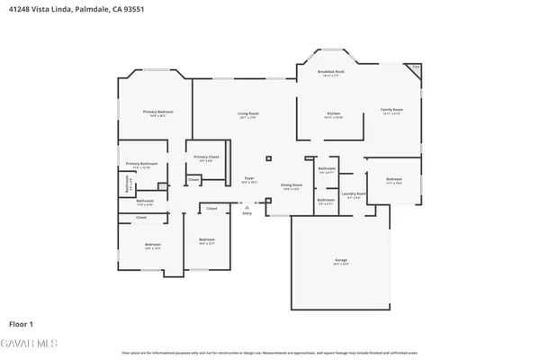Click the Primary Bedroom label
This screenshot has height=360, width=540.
click(157, 112)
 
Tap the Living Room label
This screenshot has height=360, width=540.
click(248, 113)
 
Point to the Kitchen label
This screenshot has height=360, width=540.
click(333, 113)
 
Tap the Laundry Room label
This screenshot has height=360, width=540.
click(354, 194)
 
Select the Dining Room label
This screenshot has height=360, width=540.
click(292, 185)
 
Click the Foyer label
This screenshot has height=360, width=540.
click(249, 179)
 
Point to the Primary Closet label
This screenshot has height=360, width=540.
click(207, 157)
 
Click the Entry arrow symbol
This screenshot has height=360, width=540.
click(247, 206)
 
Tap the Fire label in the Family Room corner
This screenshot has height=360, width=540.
click(415, 67)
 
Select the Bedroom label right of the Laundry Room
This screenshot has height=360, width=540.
click(394, 180)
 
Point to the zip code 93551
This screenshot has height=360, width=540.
click(131, 8)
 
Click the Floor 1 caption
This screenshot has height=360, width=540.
click(22, 322)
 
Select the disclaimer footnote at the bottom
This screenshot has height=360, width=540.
click(270, 352)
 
